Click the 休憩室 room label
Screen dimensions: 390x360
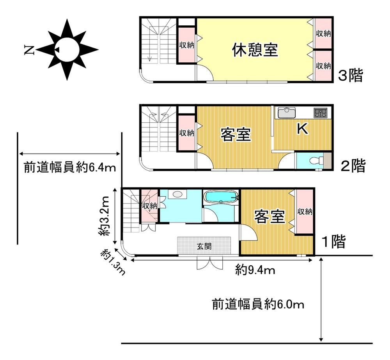coord(255,50)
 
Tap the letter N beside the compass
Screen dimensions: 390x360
coord(29,50)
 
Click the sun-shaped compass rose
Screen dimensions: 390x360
coord(67,50)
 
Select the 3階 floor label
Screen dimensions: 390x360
coord(351,75)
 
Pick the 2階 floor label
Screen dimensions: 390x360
coord(353,166)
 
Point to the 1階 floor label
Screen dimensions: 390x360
coord(333,242)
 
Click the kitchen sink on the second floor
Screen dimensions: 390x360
coord(287,113)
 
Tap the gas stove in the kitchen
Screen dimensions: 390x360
coord(320,113)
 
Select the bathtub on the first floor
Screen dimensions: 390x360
coord(220,198)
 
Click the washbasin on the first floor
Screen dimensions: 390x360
coord(177,194)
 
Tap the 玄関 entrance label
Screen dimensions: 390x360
coord(204,246)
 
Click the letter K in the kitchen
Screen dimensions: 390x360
coord(303,129)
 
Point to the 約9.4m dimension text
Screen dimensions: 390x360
coord(255,270)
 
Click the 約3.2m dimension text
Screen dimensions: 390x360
coord(103,216)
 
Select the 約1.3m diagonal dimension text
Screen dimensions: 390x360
coord(113,262)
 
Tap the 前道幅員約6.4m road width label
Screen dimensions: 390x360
coord(70,167)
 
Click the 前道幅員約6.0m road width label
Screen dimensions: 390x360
coord(258,304)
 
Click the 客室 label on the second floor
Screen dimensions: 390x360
coord(236,134)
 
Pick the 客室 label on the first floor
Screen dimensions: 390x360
coord(269,216)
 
